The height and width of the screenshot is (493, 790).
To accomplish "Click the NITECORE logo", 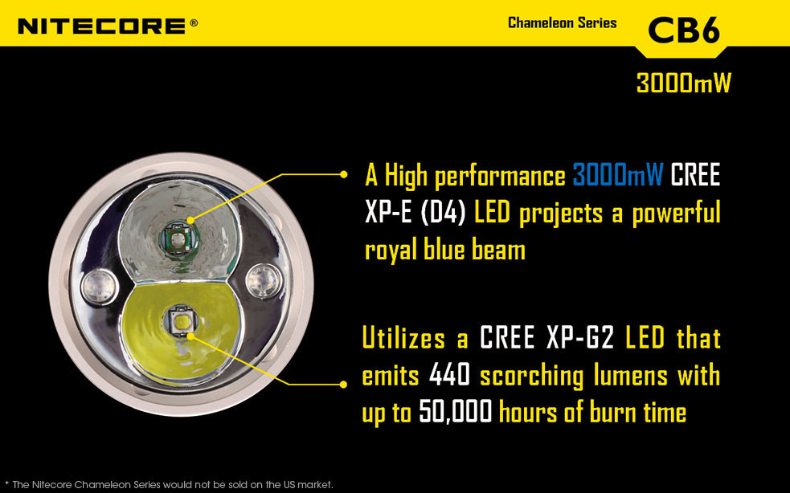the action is click(x=101, y=26).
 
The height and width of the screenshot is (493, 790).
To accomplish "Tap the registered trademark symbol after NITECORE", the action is click(x=194, y=22).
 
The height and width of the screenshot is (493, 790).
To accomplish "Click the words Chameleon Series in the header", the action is click(x=562, y=22).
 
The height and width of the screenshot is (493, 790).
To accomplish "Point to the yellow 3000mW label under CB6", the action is click(x=683, y=83).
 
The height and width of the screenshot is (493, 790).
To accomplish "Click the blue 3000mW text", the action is click(x=618, y=175).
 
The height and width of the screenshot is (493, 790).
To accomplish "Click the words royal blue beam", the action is click(x=445, y=250).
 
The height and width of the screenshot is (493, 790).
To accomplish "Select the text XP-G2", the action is click(x=580, y=337).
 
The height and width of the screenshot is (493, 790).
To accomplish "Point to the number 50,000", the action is click(x=455, y=412).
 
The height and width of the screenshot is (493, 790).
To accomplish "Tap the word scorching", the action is click(x=531, y=376).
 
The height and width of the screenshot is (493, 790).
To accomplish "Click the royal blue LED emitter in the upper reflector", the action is click(x=178, y=238).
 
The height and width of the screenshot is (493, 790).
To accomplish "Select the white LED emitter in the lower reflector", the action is click(x=180, y=320).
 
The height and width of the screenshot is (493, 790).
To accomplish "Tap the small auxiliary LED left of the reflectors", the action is click(x=100, y=287).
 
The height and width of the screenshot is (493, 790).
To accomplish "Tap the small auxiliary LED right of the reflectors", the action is click(x=264, y=280).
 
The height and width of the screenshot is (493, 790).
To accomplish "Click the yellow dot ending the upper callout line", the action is click(x=344, y=174).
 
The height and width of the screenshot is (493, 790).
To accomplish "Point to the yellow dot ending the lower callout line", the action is click(x=344, y=385).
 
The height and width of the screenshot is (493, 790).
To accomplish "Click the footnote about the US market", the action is click(x=170, y=485).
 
